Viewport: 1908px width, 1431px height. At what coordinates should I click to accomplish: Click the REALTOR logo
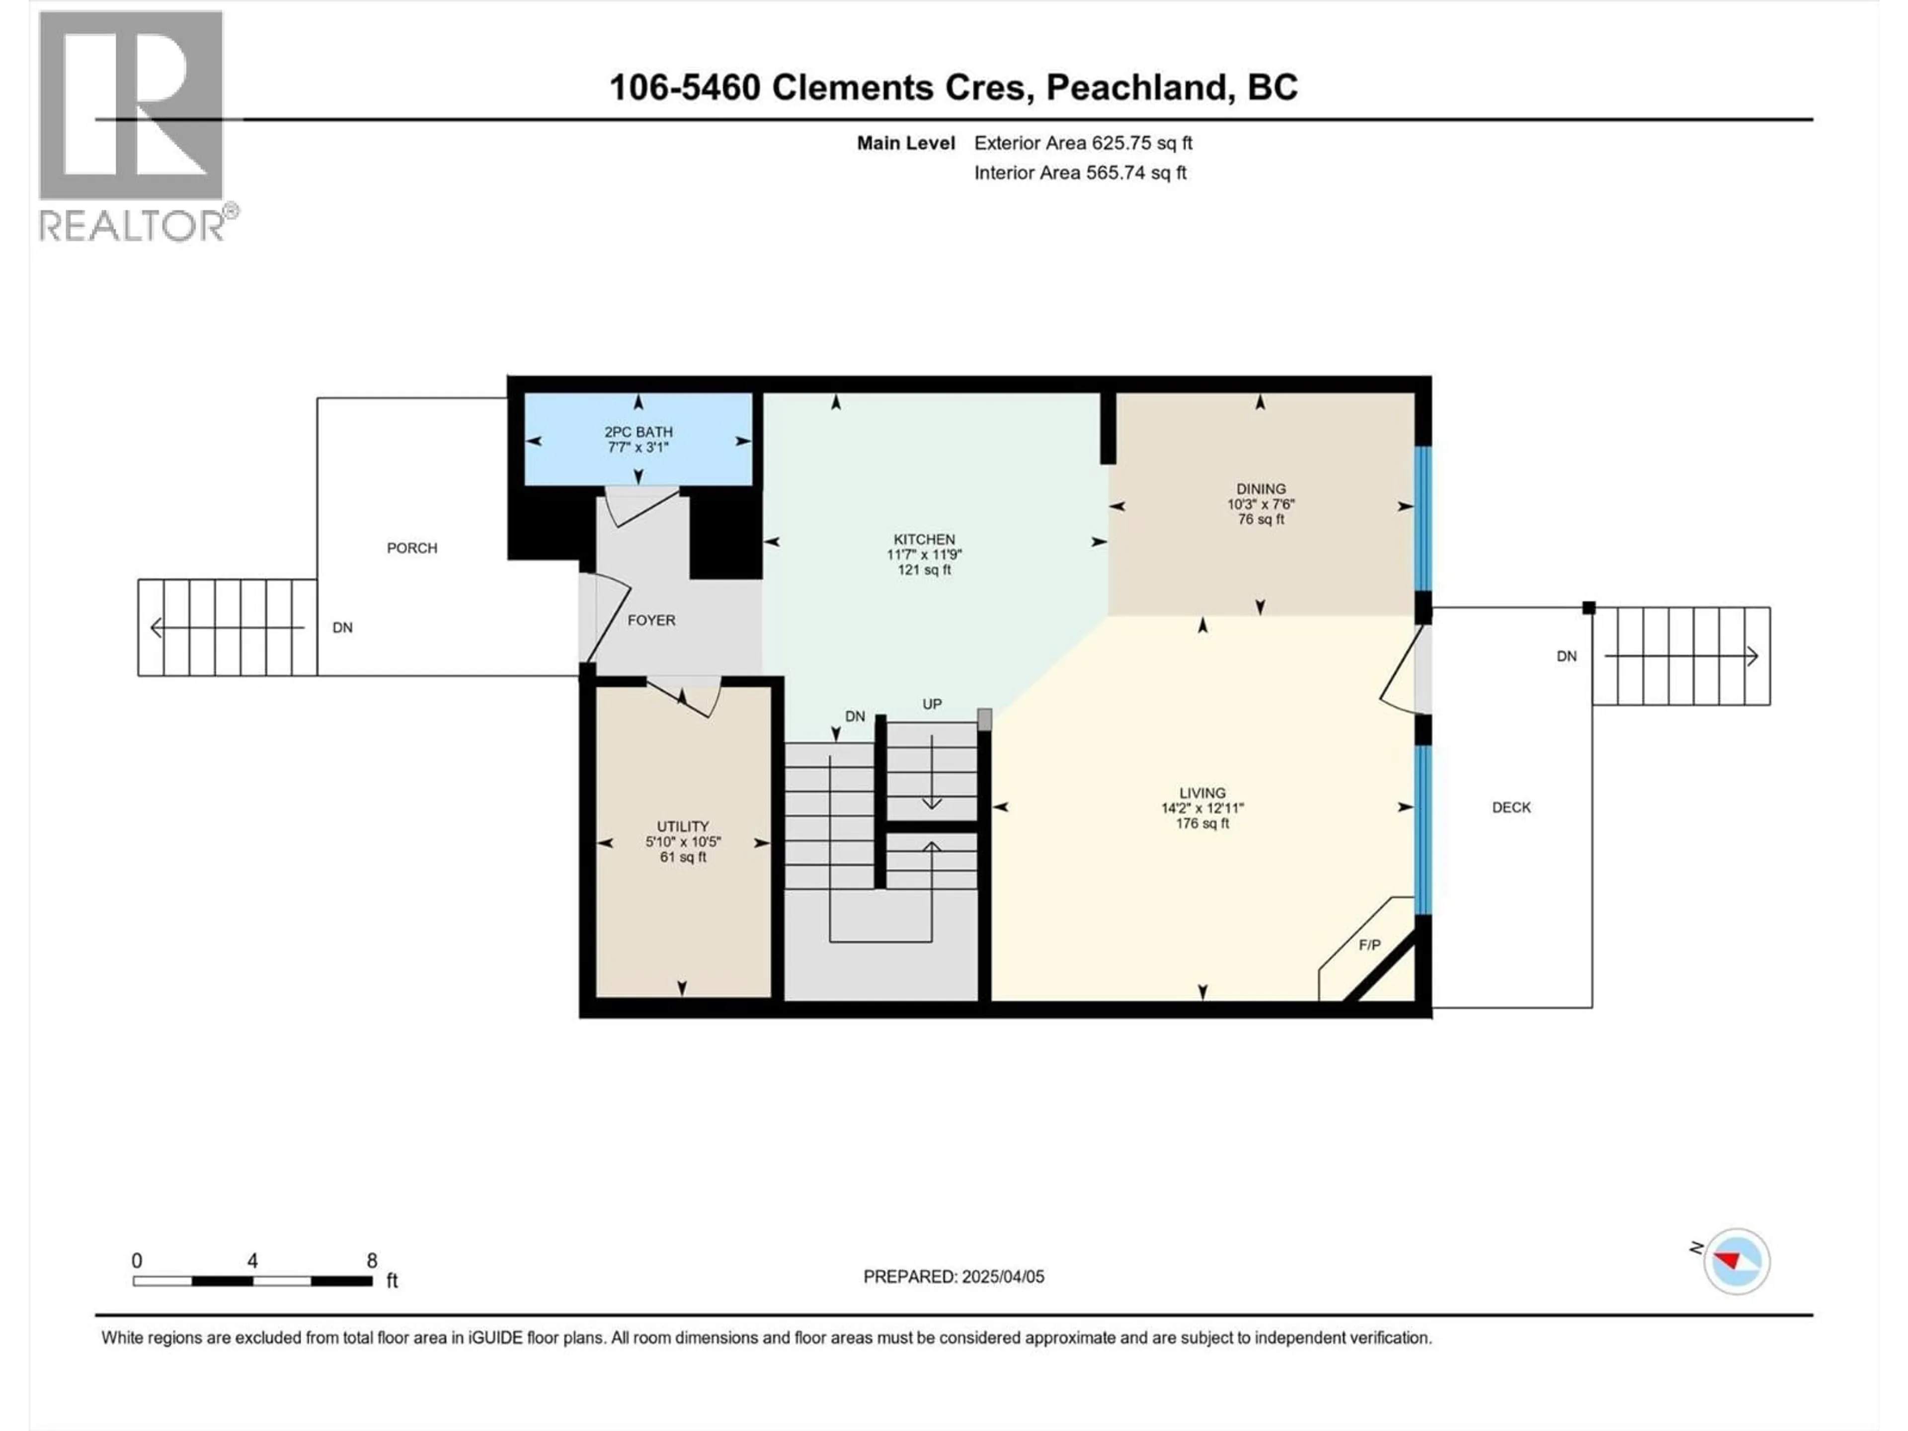[134, 125]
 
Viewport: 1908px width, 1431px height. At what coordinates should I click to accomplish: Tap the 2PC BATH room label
[638, 431]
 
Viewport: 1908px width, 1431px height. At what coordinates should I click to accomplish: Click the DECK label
[1510, 807]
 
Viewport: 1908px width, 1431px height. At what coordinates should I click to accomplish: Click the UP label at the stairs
[932, 704]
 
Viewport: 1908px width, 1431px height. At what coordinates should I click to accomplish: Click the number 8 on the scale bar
[372, 1260]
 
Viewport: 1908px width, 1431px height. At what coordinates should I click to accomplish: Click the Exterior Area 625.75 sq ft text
[1083, 143]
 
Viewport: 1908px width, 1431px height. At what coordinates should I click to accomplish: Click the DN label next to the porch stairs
[342, 627]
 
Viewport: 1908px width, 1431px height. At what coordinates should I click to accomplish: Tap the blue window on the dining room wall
[1423, 518]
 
